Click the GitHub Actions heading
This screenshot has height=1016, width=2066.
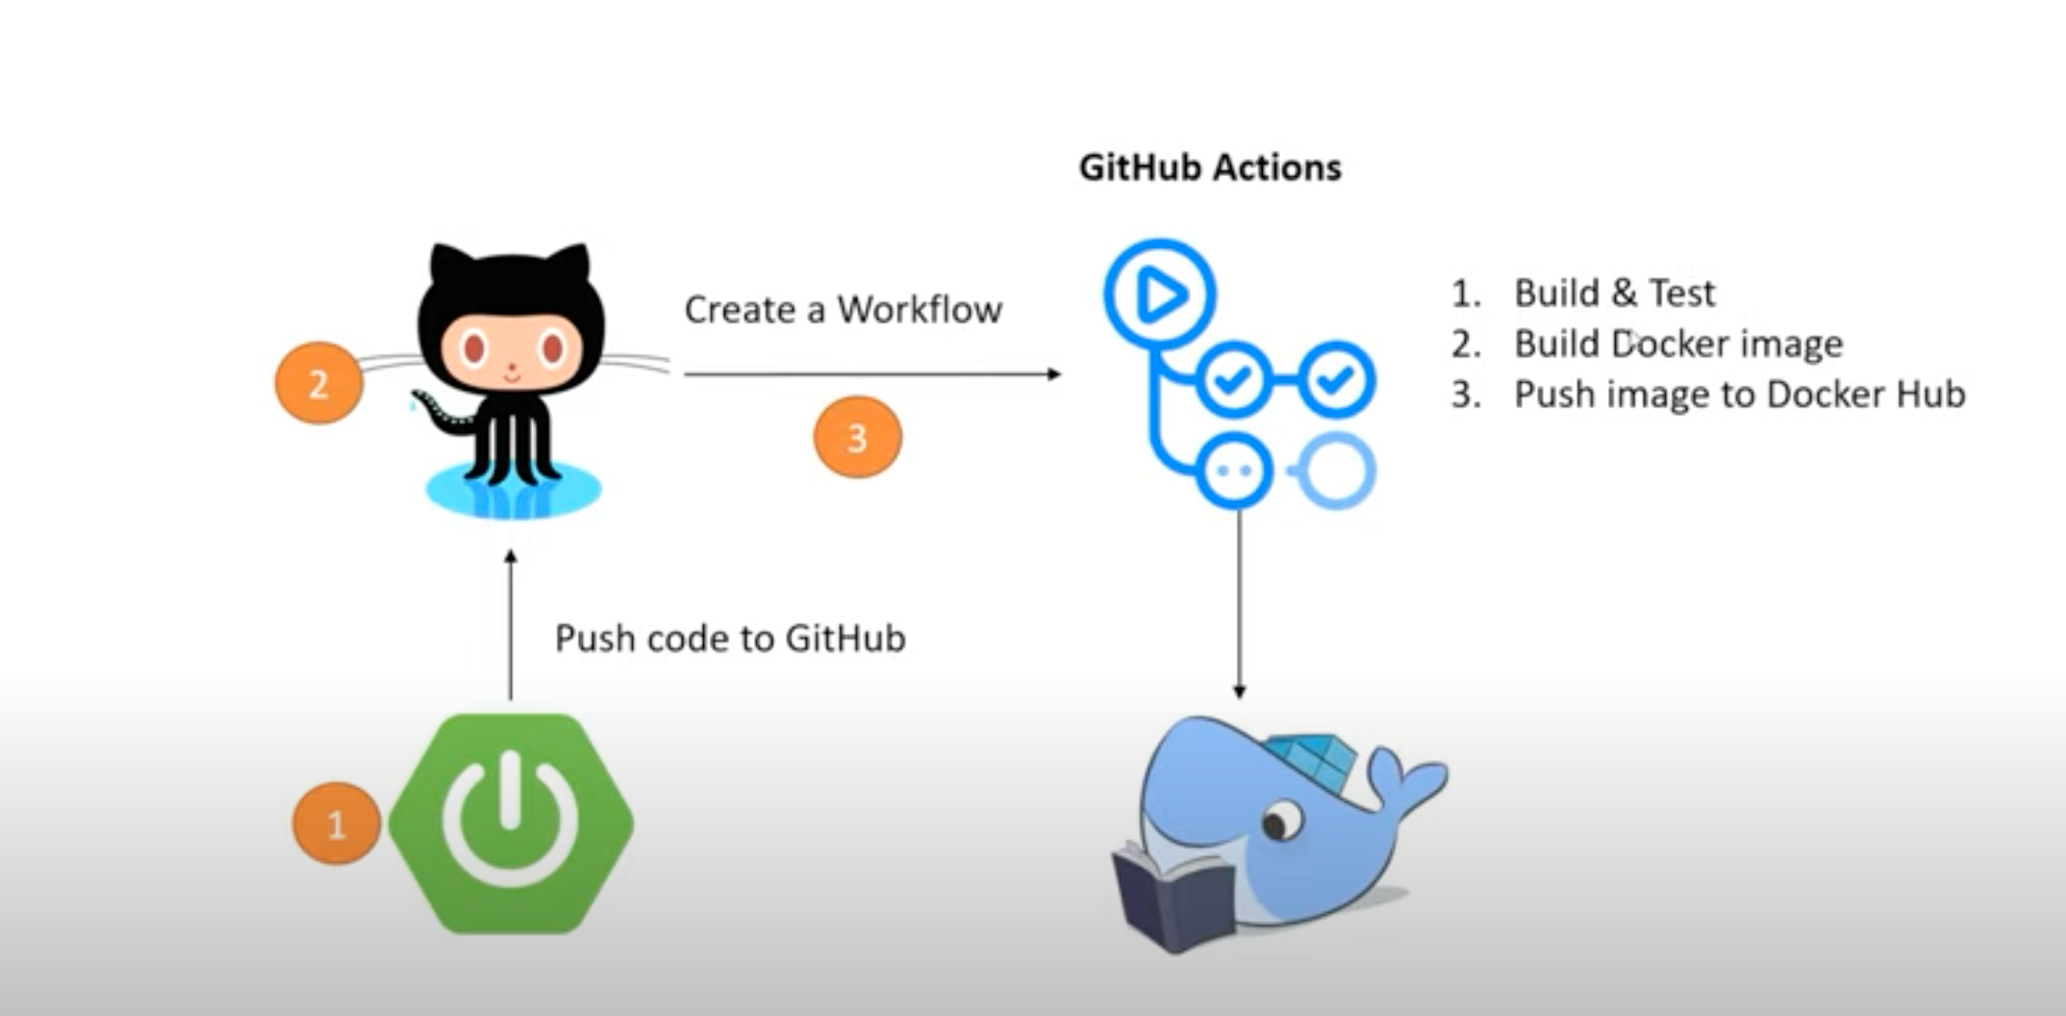1209,167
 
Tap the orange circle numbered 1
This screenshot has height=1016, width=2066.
336,825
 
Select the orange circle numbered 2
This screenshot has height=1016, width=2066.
318,384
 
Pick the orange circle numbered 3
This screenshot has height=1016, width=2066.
857,438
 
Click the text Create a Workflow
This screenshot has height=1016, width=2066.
843,310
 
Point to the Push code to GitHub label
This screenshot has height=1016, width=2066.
730,639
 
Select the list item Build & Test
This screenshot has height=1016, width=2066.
1613,292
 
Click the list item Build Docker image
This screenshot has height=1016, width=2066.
1677,343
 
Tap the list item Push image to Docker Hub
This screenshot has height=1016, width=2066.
1738,394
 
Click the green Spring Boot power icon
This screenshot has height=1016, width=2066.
511,824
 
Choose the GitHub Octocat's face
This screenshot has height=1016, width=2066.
511,349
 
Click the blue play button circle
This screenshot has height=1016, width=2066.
1159,294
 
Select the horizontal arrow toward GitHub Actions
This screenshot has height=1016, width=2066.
870,373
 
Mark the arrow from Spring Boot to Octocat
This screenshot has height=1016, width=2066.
511,625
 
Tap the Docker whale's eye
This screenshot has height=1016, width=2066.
1280,823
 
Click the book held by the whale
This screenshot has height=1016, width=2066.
1172,897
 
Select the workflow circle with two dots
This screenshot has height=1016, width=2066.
1234,471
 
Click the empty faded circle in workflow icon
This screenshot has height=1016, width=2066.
1337,471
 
